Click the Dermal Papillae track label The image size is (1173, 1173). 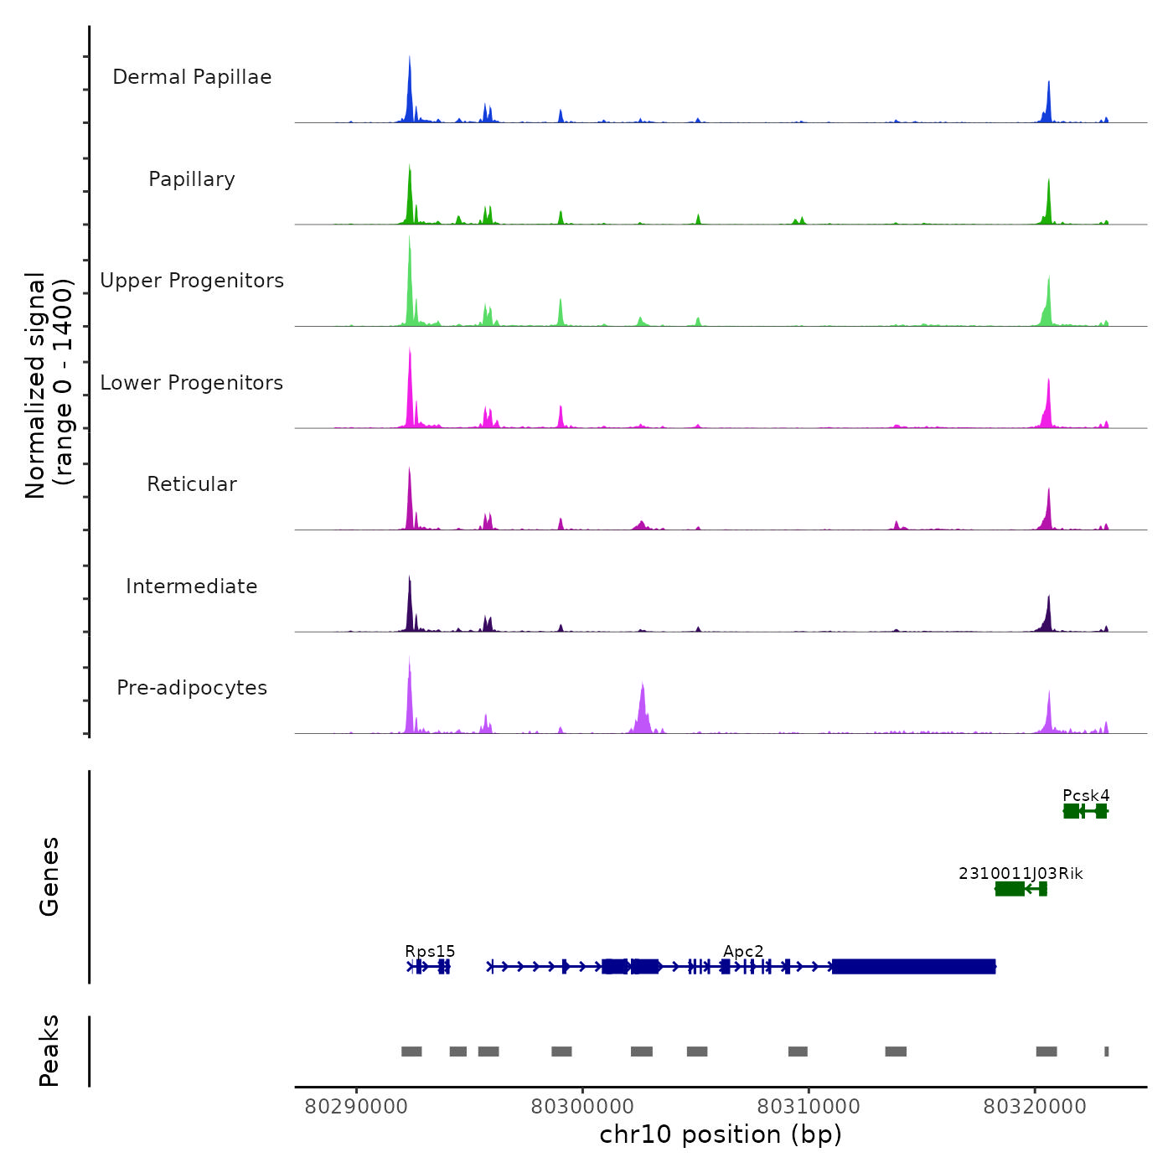(192, 77)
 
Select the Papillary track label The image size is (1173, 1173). (192, 179)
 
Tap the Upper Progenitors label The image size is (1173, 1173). (192, 281)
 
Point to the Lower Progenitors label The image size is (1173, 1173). (192, 383)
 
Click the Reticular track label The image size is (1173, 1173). (192, 484)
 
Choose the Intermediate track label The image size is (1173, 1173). (192, 586)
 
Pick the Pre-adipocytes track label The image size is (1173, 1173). (192, 688)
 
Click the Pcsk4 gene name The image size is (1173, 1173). (1086, 795)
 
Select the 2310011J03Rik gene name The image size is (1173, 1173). (1021, 873)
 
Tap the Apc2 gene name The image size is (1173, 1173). (743, 951)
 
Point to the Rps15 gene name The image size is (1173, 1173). (430, 951)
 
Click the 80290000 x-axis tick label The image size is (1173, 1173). (356, 1106)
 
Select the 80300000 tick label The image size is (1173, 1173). (582, 1106)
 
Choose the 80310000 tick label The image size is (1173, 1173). (809, 1106)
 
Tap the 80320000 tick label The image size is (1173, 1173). (1035, 1106)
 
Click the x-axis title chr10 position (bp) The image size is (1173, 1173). (721, 1134)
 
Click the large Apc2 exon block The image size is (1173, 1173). (913, 967)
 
